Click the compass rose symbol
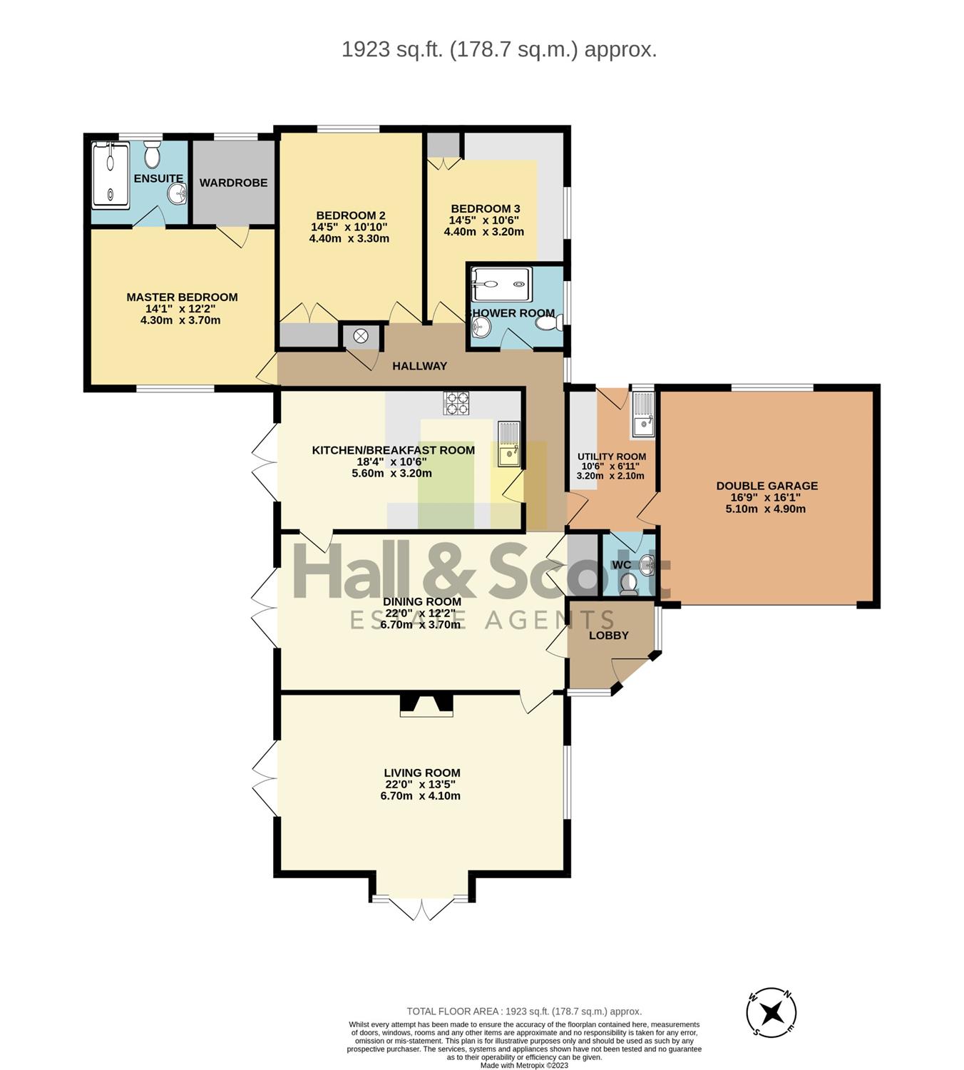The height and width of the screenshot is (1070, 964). (771, 1012)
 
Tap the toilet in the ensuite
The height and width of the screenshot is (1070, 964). (152, 154)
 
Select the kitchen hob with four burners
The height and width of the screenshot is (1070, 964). (456, 403)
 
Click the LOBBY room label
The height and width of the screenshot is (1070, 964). (608, 636)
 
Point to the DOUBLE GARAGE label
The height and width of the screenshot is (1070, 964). (766, 486)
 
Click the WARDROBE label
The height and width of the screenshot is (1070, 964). (234, 183)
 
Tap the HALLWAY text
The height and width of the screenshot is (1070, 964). (420, 366)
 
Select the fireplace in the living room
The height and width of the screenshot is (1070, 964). (426, 705)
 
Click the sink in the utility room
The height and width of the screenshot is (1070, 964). (644, 416)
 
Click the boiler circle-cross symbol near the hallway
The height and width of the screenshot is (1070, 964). (361, 336)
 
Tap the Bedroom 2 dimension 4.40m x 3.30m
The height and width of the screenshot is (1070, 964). (349, 238)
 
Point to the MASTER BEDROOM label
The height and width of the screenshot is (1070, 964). (182, 297)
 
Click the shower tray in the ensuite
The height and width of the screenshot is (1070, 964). (111, 175)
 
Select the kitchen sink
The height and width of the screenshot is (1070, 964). (508, 444)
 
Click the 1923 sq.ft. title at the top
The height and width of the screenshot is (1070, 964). (499, 50)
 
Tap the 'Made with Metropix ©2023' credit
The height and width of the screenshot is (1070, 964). (524, 1065)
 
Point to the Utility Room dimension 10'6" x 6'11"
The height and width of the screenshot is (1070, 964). (610, 467)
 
